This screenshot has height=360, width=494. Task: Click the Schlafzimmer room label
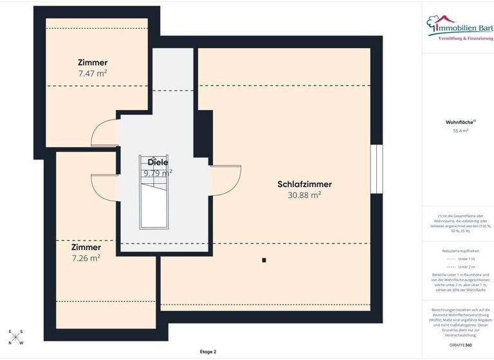(304, 184)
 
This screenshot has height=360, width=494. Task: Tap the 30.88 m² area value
(304, 194)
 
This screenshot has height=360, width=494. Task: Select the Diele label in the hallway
(158, 162)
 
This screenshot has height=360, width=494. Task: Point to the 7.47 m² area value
(92, 73)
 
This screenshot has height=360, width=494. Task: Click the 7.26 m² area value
(86, 258)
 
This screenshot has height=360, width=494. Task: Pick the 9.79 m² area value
(158, 172)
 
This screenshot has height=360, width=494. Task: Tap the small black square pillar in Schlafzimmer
(264, 260)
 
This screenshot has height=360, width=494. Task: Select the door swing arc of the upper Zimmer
(103, 134)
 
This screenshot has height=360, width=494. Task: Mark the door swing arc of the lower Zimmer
(103, 186)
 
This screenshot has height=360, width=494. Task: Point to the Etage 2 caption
(208, 352)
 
